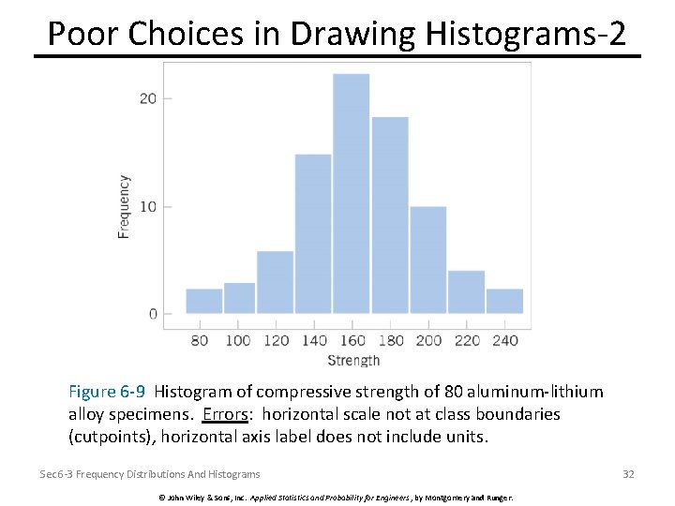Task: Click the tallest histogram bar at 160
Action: click(x=352, y=193)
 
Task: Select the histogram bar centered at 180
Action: click(x=390, y=215)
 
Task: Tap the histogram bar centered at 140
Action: click(x=313, y=233)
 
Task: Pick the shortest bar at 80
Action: click(x=203, y=301)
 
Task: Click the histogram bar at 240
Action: click(x=504, y=301)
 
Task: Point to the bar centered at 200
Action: click(x=428, y=260)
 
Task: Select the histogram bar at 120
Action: click(x=275, y=282)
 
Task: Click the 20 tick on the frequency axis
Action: click(x=149, y=98)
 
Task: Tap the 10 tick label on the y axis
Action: click(x=149, y=206)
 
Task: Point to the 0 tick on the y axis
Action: click(x=154, y=314)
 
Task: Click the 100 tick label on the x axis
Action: click(x=237, y=340)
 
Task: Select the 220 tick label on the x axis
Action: click(x=467, y=340)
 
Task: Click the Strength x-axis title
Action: click(x=353, y=361)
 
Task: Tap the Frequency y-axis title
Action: click(x=124, y=206)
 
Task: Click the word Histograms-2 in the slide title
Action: click(x=525, y=34)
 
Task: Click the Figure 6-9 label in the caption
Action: click(x=108, y=392)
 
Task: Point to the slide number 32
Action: click(x=628, y=474)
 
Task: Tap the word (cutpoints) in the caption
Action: click(x=108, y=437)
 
